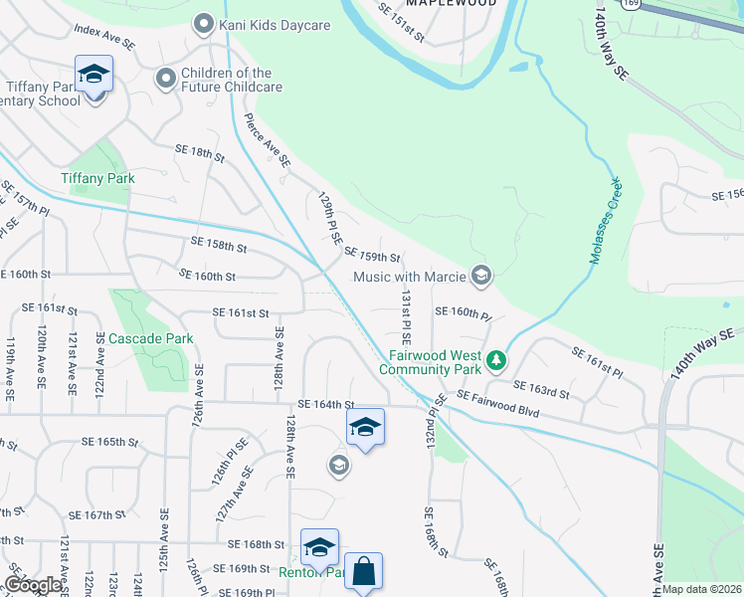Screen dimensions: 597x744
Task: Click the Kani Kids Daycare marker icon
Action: (x=204, y=22)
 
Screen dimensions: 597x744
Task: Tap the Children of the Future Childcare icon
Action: (x=165, y=77)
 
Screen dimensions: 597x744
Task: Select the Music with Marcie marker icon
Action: (x=481, y=276)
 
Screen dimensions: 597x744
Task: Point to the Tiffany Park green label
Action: (x=97, y=178)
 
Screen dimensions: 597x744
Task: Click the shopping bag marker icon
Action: (x=364, y=572)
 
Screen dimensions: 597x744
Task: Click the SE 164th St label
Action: (x=326, y=404)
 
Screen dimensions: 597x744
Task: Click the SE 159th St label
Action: (x=372, y=255)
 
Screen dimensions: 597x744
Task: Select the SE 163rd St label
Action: (x=541, y=389)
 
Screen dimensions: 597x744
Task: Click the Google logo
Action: (x=35, y=585)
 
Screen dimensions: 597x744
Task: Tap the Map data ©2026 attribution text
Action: (x=702, y=589)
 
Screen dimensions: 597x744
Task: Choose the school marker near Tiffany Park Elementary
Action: (x=93, y=74)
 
